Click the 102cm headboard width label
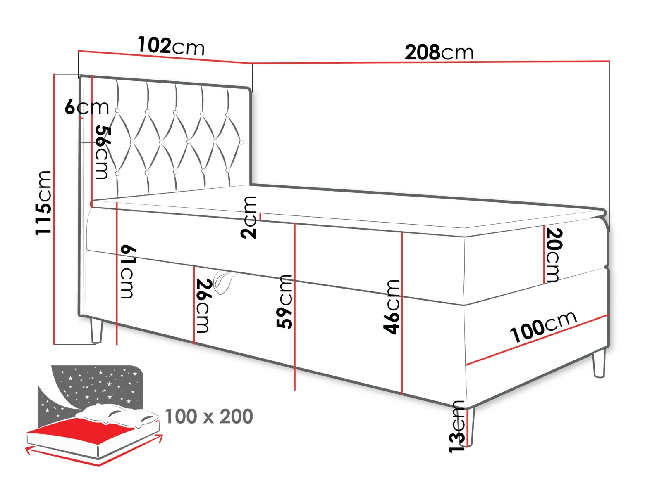tap(171, 46)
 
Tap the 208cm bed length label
tap(439, 52)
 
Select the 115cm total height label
tap(43, 203)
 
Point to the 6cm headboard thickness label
tap(87, 107)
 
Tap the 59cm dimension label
tap(284, 302)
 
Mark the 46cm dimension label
tap(392, 307)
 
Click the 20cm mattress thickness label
tap(554, 255)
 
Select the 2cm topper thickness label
tap(248, 217)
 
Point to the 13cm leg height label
tap(457, 427)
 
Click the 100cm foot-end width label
tap(543, 327)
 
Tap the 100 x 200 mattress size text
tap(209, 416)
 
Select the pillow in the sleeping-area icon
tap(117, 415)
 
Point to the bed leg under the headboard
tap(96, 331)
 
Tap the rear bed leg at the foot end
tap(599, 364)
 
